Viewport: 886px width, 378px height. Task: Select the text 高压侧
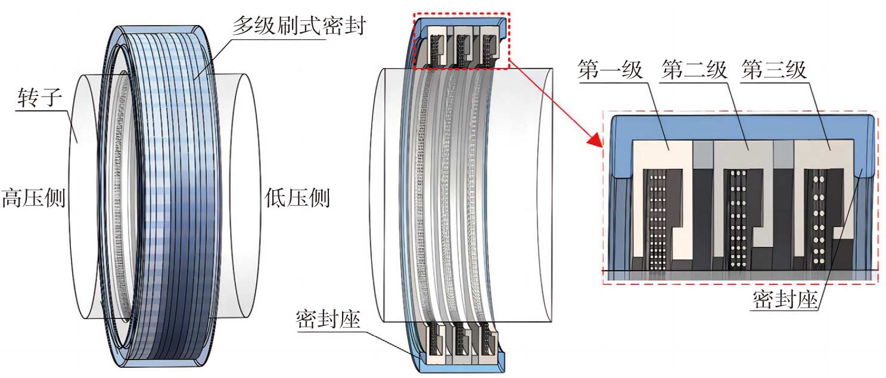(x=33, y=197)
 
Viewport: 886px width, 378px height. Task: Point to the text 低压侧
(x=296, y=197)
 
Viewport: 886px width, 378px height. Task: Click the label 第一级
(x=610, y=70)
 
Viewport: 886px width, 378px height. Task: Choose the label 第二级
(x=694, y=70)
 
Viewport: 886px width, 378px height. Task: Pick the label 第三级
(x=773, y=70)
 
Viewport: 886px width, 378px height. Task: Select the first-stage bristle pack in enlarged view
(x=656, y=218)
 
